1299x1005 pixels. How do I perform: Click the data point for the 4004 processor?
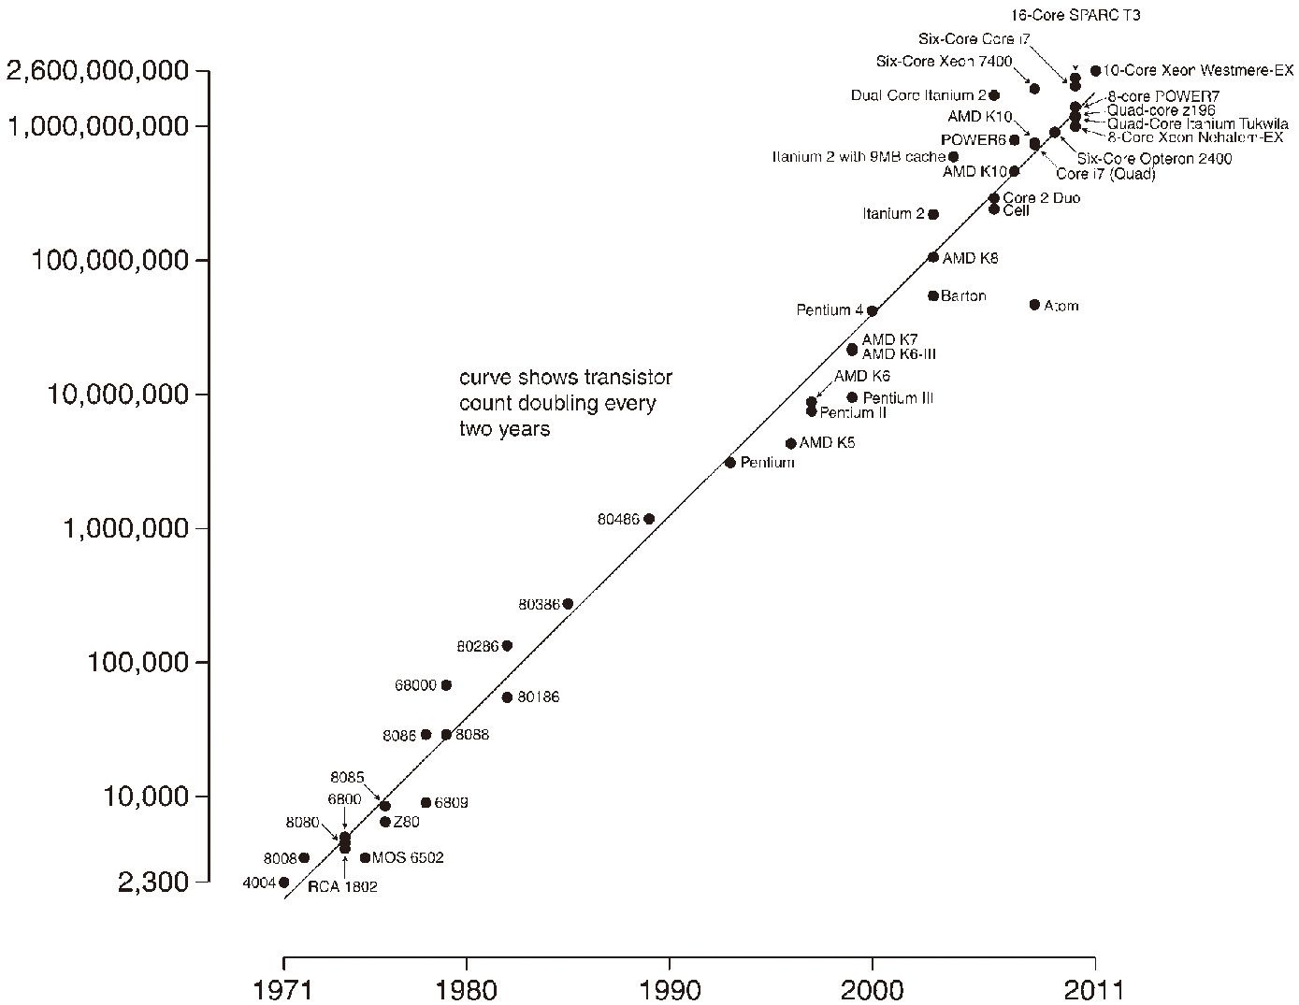(283, 882)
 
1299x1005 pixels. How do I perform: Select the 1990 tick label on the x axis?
(669, 989)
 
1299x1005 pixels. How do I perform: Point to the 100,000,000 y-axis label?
(110, 260)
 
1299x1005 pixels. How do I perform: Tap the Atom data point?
(1034, 305)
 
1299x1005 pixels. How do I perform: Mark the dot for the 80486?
(649, 519)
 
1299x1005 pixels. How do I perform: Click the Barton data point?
(933, 296)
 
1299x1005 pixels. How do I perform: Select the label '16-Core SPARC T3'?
(1075, 16)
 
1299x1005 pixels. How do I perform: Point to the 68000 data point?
(446, 685)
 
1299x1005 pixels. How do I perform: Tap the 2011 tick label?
(1094, 989)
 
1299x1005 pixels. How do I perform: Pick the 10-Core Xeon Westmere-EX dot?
(1095, 71)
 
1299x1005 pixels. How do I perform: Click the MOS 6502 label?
(408, 857)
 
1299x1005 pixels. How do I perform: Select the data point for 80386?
(568, 604)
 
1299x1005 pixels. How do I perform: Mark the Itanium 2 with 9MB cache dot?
(953, 157)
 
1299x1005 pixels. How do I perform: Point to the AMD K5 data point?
(790, 443)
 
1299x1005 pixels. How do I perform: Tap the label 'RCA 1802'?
(342, 886)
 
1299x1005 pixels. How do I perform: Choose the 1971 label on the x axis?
(283, 989)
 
